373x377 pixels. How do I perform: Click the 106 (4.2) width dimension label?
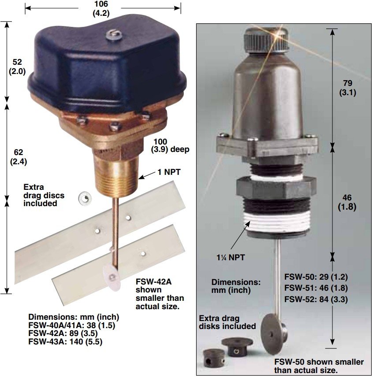pyautogui.click(x=101, y=9)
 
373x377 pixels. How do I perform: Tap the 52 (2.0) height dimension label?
pyautogui.click(x=17, y=67)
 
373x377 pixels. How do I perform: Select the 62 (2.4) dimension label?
pyautogui.click(x=19, y=157)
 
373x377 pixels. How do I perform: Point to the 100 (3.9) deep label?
pyautogui.click(x=170, y=145)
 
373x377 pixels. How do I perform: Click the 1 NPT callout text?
pyautogui.click(x=169, y=172)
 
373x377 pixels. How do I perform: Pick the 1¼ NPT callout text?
pyautogui.click(x=231, y=258)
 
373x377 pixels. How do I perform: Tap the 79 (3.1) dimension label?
pyautogui.click(x=347, y=88)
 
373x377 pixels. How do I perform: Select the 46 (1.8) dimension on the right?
pyautogui.click(x=347, y=202)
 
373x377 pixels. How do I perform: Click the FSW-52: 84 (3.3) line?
pyautogui.click(x=316, y=299)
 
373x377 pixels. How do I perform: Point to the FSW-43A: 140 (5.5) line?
pyautogui.click(x=65, y=342)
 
